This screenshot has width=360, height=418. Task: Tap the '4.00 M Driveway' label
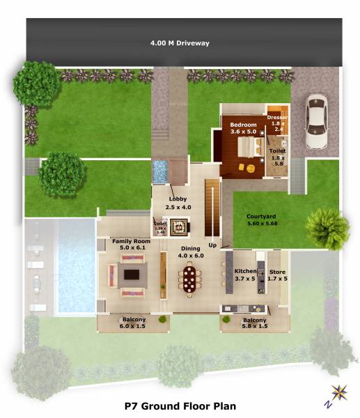(x=180, y=43)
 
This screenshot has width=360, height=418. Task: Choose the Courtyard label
(x=262, y=220)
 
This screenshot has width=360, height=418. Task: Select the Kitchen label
(x=245, y=274)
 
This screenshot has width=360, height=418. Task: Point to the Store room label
(x=277, y=274)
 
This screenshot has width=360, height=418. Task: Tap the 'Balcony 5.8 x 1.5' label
(x=254, y=323)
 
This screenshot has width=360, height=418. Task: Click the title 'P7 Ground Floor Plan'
(x=180, y=405)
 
